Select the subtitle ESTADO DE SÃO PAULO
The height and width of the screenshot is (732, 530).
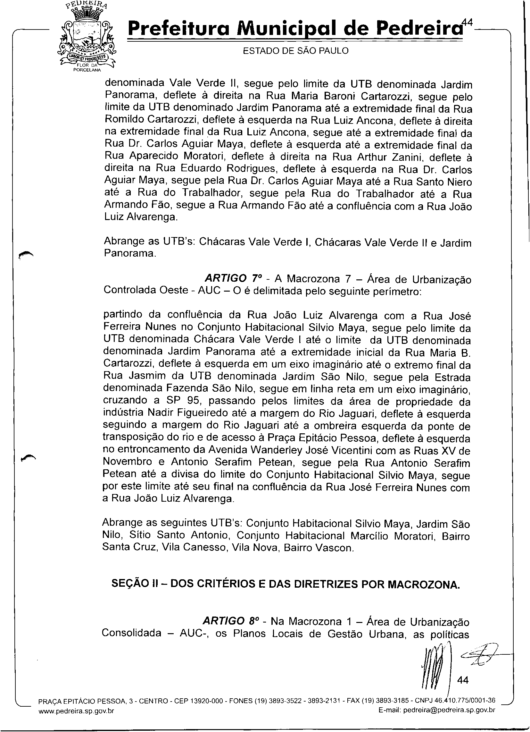(x=296, y=51)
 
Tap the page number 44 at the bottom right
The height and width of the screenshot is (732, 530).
(x=463, y=680)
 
